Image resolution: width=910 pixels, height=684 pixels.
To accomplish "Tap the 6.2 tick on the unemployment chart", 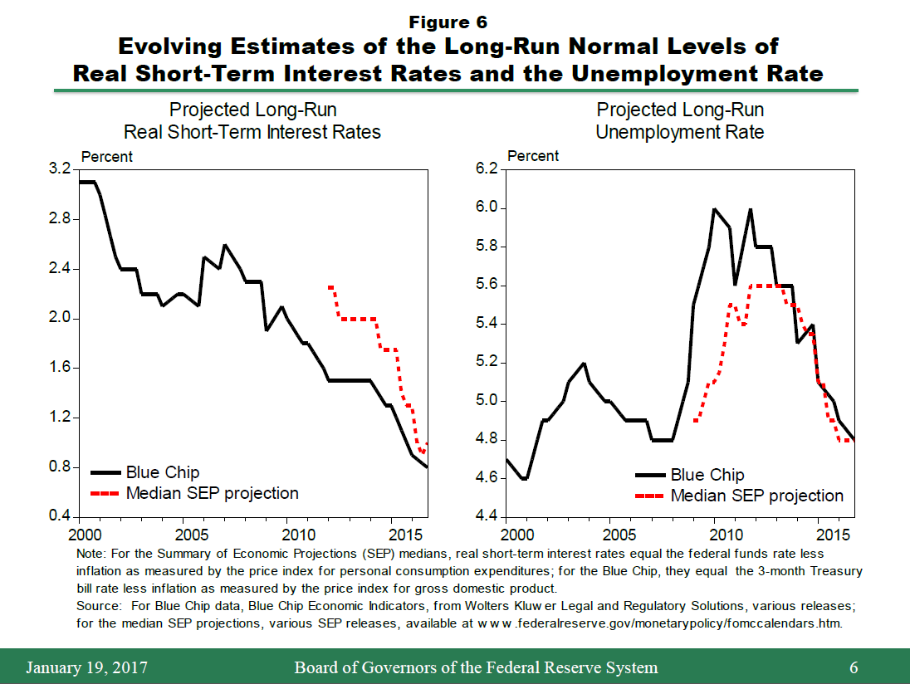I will click(486, 169).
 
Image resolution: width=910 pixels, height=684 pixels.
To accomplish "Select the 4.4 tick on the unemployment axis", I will click(486, 516).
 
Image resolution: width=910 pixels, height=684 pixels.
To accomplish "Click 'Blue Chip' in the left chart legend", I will click(163, 472).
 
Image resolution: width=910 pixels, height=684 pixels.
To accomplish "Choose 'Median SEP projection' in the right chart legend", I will click(756, 496).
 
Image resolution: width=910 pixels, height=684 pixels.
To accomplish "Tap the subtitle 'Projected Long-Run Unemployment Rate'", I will click(680, 120).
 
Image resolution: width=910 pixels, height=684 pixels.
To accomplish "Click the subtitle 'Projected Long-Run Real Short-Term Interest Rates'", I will click(252, 120).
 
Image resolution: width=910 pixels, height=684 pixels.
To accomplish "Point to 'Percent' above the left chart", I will click(106, 156).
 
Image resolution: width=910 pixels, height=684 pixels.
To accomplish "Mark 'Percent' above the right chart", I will click(533, 156).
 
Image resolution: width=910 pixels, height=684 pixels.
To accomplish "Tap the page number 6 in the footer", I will click(854, 667).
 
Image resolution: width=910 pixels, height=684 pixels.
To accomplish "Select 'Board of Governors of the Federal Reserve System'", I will click(476, 667).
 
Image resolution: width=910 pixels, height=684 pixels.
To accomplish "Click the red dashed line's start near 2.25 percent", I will click(330, 287).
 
